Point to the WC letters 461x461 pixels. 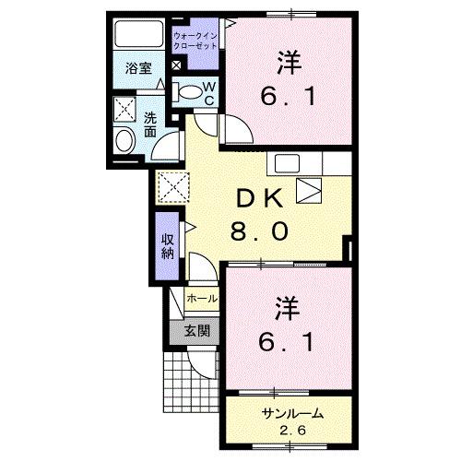click(209, 92)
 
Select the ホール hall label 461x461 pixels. click(201, 300)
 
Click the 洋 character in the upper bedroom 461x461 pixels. click(287, 62)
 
